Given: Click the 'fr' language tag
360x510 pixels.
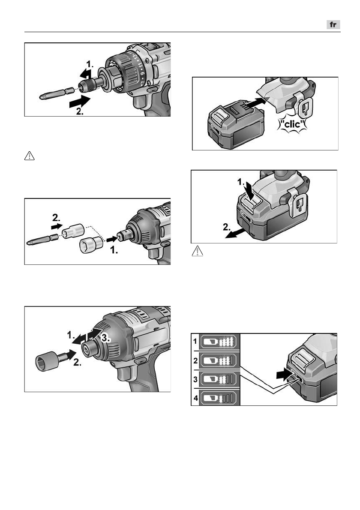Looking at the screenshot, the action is (333, 25).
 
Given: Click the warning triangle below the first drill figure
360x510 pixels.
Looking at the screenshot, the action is (29, 156).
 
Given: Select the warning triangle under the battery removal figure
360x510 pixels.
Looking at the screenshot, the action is (198, 251).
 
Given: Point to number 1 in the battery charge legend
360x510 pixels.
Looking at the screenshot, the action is (195, 341).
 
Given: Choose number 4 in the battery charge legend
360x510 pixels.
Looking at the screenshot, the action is (195, 398).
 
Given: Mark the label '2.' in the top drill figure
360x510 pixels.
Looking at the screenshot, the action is (80, 111).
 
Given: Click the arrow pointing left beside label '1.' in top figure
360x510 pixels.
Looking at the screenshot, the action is (85, 74).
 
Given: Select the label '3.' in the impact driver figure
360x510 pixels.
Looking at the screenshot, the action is (106, 338).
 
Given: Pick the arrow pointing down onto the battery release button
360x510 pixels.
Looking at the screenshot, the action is (249, 189).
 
